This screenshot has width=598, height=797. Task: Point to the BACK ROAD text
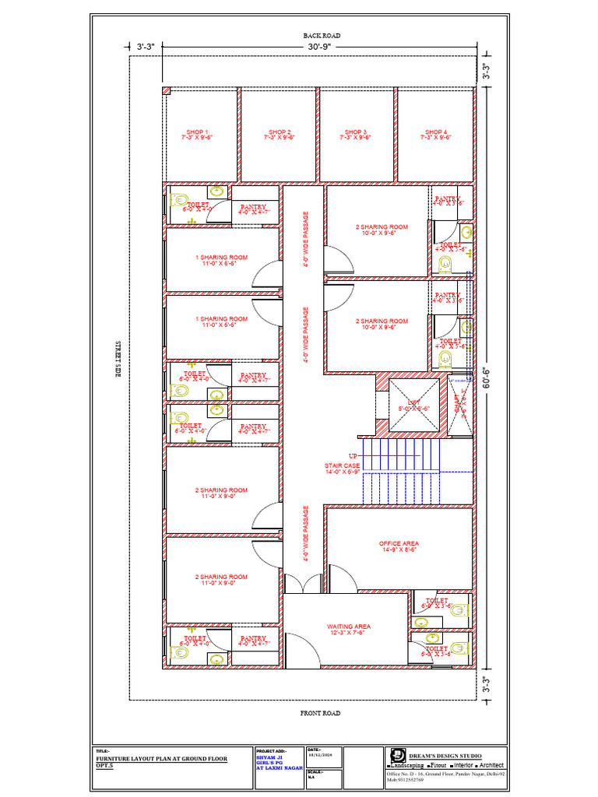coord(322,36)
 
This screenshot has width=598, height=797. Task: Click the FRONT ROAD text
coord(321,713)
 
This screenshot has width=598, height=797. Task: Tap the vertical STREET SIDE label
coord(118,360)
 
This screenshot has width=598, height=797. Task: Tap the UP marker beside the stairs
coord(352,455)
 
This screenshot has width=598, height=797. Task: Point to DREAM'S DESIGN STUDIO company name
coord(445,756)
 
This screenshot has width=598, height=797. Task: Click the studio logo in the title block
coord(396,754)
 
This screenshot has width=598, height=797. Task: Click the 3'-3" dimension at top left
coord(146,47)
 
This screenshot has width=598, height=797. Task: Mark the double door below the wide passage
coord(304,582)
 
